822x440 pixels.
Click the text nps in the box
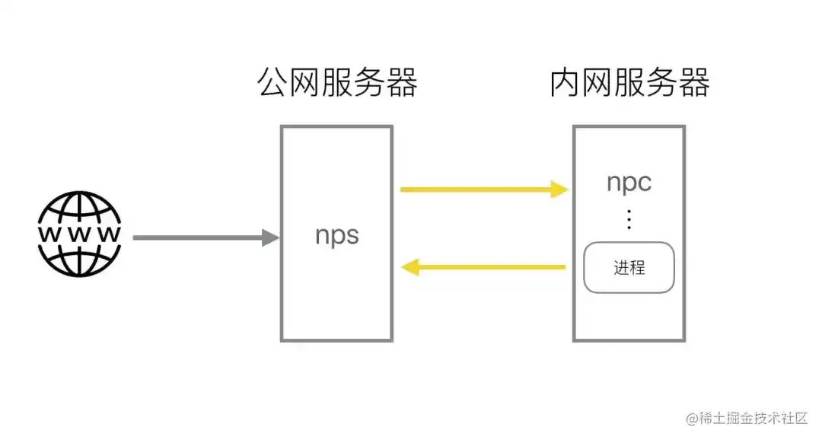click(x=336, y=234)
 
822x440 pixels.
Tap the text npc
click(x=629, y=183)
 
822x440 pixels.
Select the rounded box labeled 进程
click(x=629, y=267)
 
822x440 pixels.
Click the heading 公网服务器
click(x=337, y=83)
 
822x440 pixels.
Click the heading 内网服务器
click(x=629, y=83)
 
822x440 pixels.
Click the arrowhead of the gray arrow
click(x=271, y=238)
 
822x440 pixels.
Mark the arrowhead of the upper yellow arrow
click(x=559, y=190)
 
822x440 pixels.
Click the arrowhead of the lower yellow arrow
click(x=409, y=267)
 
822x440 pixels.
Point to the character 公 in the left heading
click(x=273, y=83)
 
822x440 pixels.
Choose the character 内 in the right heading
click(x=566, y=83)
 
